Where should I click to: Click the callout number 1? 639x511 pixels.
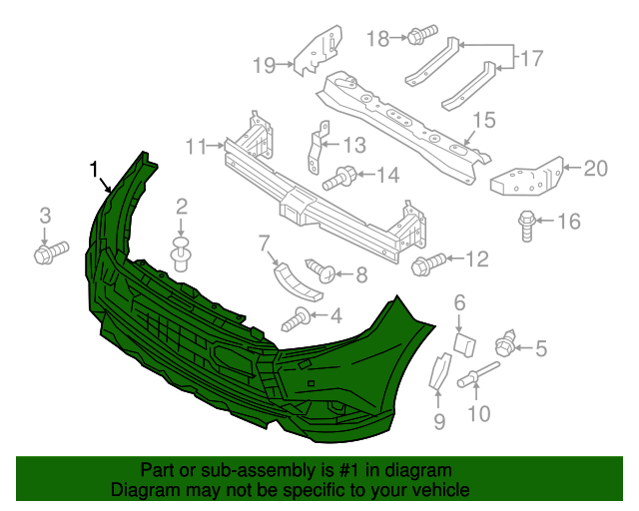tap(95, 169)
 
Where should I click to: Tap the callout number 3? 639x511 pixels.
tap(45, 215)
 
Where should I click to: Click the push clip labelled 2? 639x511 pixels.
tap(182, 254)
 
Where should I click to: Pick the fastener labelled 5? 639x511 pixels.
tap(463, 344)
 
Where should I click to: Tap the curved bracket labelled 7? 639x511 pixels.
tap(320, 269)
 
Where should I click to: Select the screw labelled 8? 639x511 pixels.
tap(439, 422)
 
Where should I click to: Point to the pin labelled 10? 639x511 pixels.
tap(196, 147)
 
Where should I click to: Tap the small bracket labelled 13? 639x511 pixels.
tap(340, 178)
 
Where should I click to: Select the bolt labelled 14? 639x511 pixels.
tap(483, 121)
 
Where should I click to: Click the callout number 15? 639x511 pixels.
tap(526, 227)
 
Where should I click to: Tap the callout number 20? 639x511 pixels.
tap(595, 169)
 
